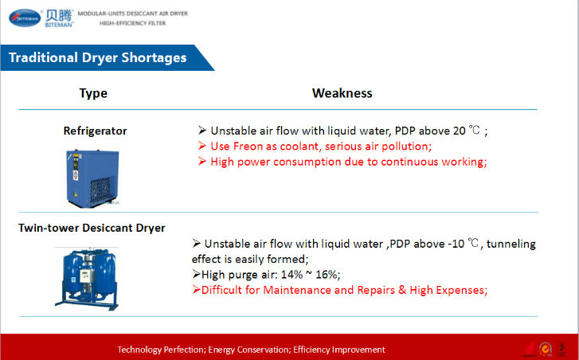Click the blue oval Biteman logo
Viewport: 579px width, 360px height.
click(x=25, y=18)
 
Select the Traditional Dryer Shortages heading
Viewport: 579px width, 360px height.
click(x=97, y=57)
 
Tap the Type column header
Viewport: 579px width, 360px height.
click(x=93, y=93)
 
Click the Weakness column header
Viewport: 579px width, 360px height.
click(x=342, y=93)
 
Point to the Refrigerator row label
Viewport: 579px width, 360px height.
click(x=95, y=131)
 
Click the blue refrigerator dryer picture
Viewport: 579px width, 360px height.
click(x=92, y=178)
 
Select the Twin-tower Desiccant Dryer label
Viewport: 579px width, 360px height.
click(x=92, y=228)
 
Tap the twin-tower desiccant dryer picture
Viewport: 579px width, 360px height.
click(x=88, y=279)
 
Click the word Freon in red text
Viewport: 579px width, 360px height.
click(x=248, y=147)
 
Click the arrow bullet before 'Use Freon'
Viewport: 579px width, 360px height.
click(x=201, y=146)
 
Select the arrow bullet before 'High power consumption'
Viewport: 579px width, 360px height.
click(x=201, y=162)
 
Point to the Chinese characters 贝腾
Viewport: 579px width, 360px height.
click(x=59, y=16)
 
